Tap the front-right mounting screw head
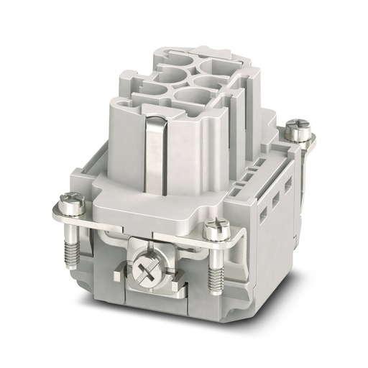[x=213, y=229]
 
